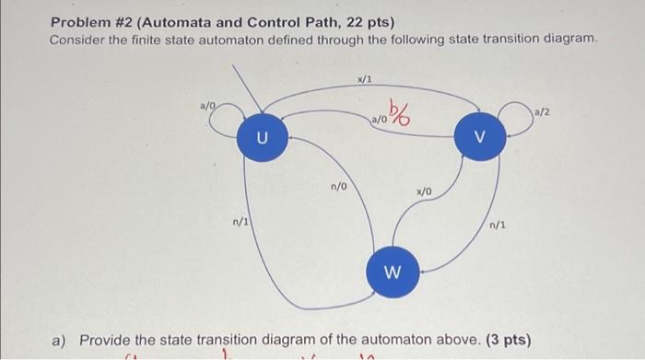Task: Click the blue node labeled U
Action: point(263,139)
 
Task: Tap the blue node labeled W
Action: point(391,272)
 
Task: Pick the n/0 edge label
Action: point(339,187)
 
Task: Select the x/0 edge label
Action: point(424,191)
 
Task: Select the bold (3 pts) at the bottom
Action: point(508,340)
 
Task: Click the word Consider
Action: point(79,41)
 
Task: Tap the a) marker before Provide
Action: point(59,340)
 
